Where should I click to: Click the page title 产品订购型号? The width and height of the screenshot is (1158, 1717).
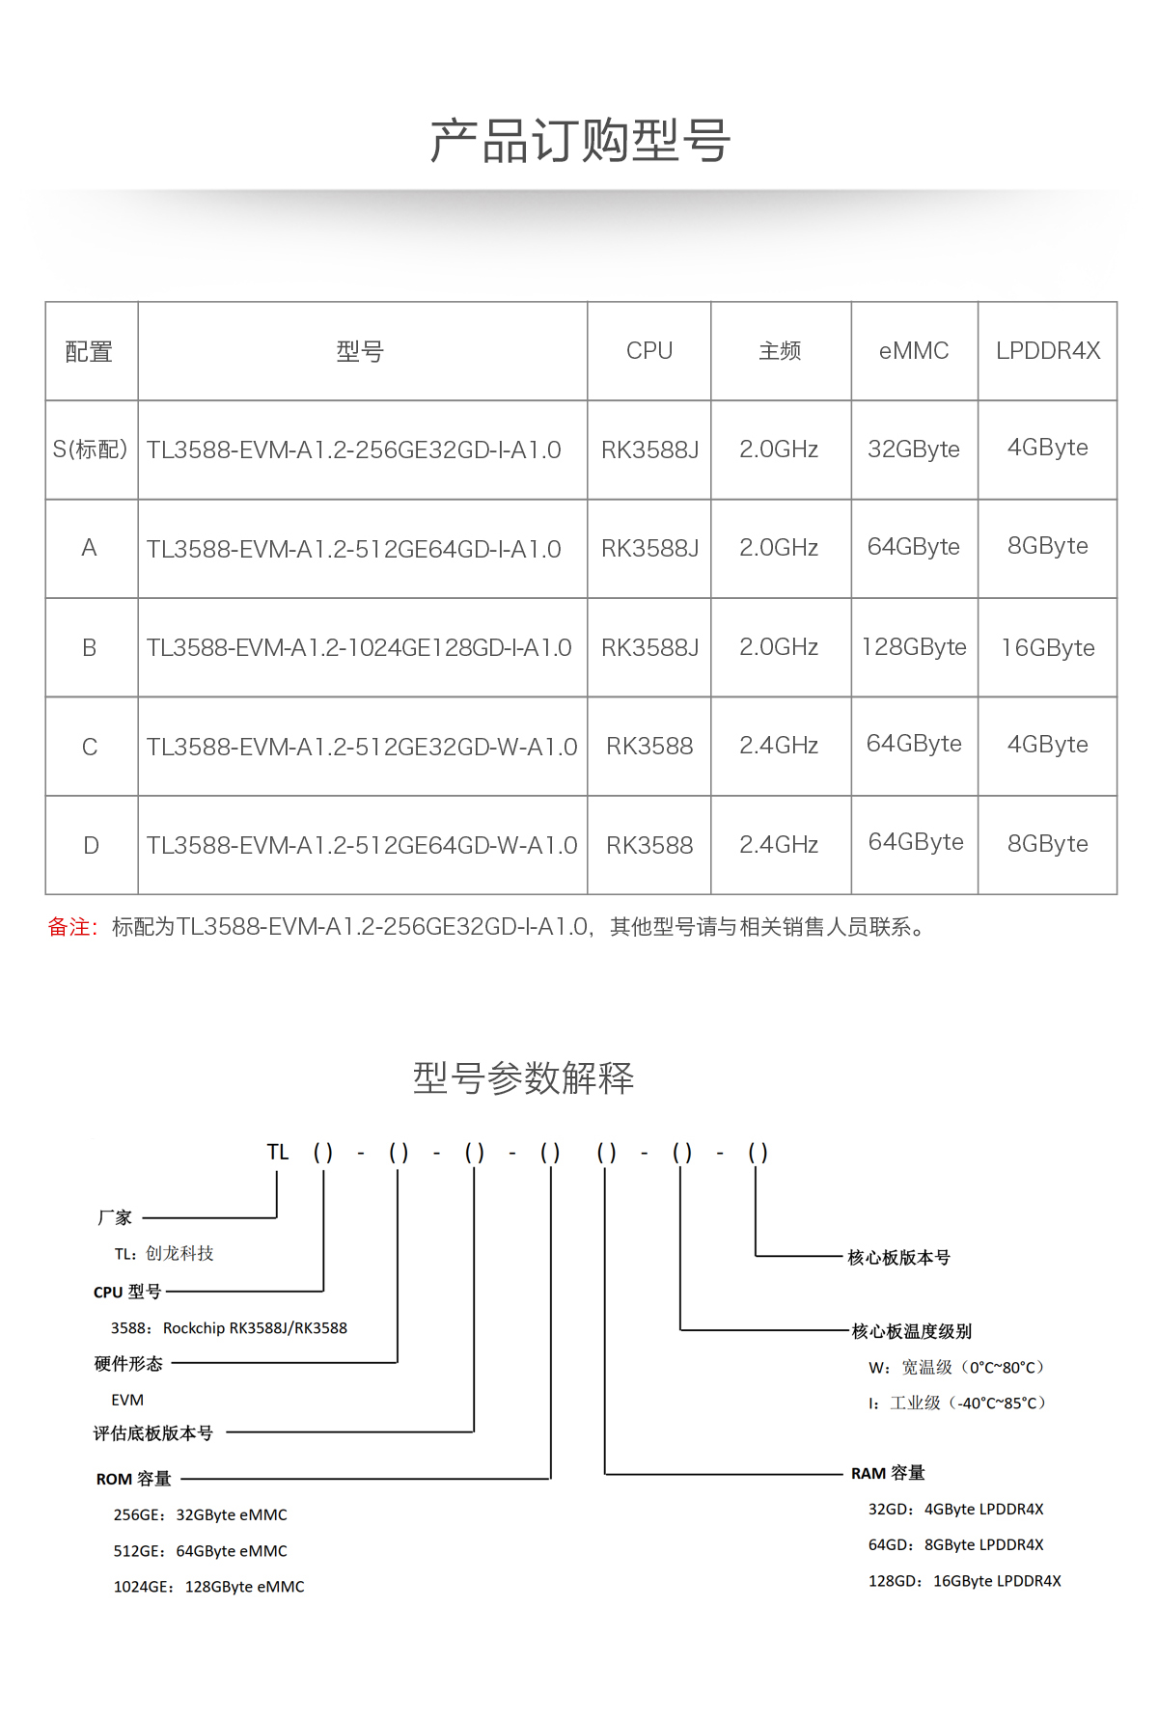tap(579, 141)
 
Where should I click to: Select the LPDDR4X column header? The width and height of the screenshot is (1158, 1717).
tap(1048, 351)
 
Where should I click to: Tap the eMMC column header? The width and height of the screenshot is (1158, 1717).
tap(914, 351)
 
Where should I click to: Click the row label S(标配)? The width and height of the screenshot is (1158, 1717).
tap(90, 450)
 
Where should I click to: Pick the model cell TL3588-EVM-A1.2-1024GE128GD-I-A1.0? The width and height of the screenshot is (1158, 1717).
tap(359, 647)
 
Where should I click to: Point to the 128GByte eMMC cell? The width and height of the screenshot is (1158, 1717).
tap(914, 647)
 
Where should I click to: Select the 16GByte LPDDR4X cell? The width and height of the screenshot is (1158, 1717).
tap(1048, 647)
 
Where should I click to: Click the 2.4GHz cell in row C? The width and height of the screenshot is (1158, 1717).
tap(779, 746)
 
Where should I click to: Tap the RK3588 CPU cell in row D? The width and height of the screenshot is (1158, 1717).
tap(649, 845)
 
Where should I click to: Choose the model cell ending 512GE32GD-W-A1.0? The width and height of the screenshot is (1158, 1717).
tap(362, 747)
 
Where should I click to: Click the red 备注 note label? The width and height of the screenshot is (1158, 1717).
tap(72, 927)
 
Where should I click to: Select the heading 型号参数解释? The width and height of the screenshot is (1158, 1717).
tap(523, 1077)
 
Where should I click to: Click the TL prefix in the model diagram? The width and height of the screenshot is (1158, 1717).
tap(278, 1152)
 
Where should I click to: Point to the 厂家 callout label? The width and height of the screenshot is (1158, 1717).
tap(114, 1217)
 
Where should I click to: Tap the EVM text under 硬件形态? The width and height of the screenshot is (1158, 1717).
tap(127, 1400)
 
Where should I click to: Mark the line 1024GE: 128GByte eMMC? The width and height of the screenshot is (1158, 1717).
tap(208, 1587)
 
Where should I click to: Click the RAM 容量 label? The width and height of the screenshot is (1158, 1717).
tap(888, 1473)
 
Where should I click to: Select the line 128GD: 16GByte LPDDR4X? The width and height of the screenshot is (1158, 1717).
tap(964, 1581)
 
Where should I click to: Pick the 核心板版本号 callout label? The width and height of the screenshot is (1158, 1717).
tap(898, 1257)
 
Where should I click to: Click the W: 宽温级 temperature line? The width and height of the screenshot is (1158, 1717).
tap(955, 1367)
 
